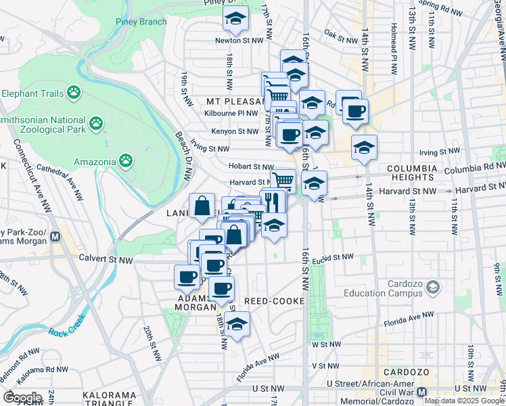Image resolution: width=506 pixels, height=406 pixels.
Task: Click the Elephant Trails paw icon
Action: click(x=73, y=92)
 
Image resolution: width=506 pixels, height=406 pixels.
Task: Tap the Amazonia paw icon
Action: click(x=126, y=160)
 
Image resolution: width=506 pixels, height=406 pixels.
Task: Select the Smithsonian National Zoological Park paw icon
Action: click(x=97, y=123)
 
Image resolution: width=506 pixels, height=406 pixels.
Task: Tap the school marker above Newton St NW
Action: click(x=235, y=20)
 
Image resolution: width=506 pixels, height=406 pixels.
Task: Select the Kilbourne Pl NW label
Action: click(x=233, y=114)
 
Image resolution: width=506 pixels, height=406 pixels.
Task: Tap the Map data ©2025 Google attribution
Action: click(x=464, y=401)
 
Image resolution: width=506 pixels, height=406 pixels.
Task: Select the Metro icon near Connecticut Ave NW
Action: click(x=55, y=238)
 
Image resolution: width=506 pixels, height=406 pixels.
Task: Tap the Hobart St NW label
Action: click(x=250, y=166)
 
